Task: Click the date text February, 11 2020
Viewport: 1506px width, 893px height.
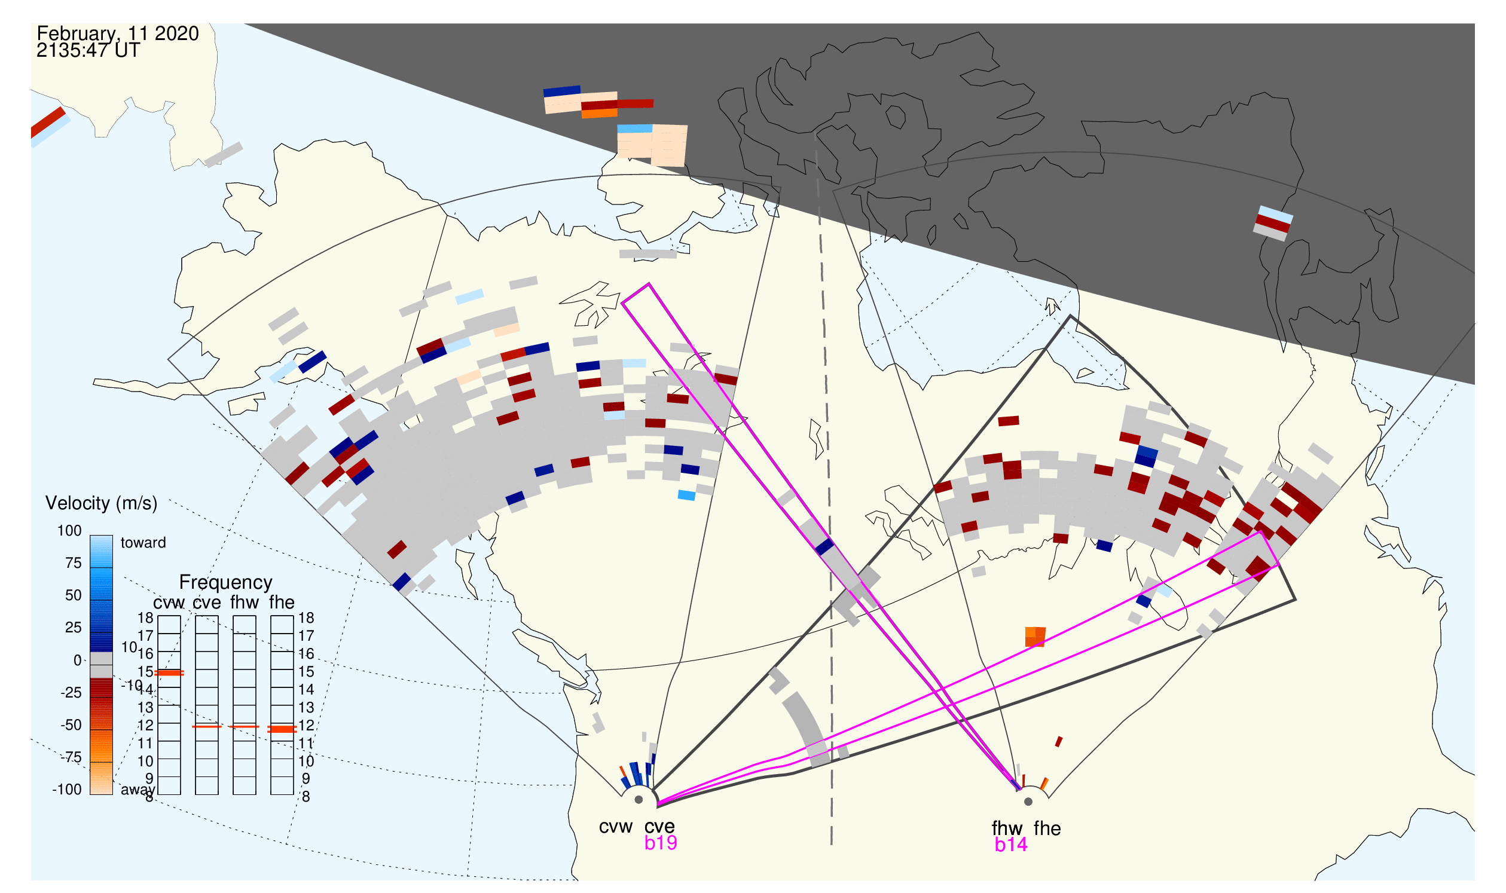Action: (117, 33)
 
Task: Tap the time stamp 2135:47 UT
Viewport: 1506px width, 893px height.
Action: (88, 51)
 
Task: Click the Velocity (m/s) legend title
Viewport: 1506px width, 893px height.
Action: (101, 504)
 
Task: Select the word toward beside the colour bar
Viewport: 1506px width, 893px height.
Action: (143, 543)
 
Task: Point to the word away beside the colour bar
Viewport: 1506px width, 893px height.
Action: (138, 790)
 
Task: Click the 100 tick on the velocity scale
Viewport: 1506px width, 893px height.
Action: (69, 531)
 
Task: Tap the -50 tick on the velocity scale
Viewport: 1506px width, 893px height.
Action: (71, 725)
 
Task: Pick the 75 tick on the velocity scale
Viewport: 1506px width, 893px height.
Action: (74, 563)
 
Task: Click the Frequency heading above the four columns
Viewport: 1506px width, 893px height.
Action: (226, 583)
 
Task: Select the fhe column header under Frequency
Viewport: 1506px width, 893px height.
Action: (282, 603)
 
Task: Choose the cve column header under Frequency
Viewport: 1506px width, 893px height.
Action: (206, 603)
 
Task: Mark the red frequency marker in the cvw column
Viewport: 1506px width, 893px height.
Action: (169, 673)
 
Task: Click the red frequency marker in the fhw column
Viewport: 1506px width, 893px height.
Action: (245, 727)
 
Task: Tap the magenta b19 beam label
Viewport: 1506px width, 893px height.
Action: (660, 843)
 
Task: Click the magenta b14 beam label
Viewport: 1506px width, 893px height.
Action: (1010, 845)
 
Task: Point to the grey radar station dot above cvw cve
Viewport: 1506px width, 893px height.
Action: (639, 800)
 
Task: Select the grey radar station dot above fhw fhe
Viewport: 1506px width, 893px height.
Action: (1028, 802)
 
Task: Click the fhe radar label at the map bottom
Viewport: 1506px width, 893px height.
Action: (1047, 828)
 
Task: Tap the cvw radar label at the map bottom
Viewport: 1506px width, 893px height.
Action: (615, 827)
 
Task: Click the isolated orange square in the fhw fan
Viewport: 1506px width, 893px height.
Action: (1035, 637)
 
